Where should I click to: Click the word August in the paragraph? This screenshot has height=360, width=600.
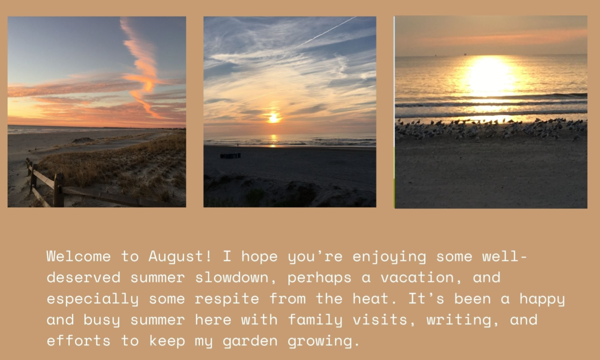[x=180, y=256]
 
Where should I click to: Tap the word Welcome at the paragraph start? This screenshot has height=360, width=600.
[x=78, y=256]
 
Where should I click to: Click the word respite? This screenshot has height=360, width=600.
[x=227, y=299]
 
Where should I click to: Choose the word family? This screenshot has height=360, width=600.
[x=315, y=320]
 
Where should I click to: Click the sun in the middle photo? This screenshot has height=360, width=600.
[x=273, y=118]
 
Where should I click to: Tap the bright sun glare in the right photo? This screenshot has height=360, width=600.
[x=490, y=75]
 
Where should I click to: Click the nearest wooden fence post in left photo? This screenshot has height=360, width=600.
[x=59, y=190]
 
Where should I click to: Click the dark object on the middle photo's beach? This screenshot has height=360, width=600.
[x=230, y=156]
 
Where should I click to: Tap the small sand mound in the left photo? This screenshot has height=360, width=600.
[x=83, y=140]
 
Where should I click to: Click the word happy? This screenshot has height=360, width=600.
[x=542, y=299]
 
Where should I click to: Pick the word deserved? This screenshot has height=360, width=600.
[x=83, y=277]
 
